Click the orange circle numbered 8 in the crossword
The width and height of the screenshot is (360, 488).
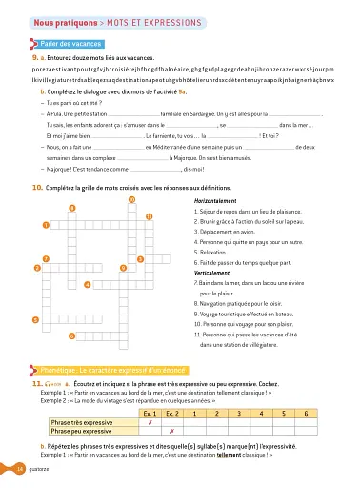tap(72, 209)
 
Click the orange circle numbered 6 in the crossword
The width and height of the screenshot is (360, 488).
tap(72, 335)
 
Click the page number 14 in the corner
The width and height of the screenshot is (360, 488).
tap(19, 469)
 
